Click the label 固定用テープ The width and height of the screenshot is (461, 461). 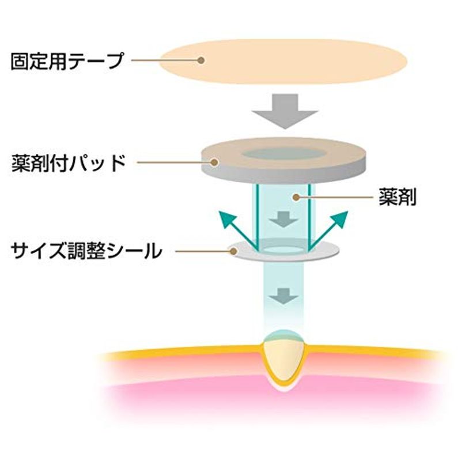click(67, 61)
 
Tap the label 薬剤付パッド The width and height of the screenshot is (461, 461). click(69, 163)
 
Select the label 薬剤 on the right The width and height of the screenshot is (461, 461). click(398, 197)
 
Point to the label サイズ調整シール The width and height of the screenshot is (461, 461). click(86, 251)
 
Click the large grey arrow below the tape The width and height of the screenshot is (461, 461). click(285, 111)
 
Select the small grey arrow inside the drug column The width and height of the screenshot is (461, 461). click(284, 219)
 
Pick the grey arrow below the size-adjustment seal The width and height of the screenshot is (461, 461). click(284, 296)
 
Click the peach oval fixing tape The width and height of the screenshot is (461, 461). click(284, 62)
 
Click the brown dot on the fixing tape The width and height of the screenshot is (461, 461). click(201, 61)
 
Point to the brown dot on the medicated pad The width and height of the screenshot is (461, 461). click(214, 163)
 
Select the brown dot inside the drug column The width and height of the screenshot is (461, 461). click(296, 197)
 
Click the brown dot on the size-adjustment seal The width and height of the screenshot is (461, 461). click(234, 251)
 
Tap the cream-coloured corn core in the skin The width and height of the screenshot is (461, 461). click(284, 360)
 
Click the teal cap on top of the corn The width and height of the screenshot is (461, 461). click(284, 335)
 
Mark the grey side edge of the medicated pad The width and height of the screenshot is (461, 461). click(284, 176)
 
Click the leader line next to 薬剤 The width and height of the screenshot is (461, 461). click(336, 197)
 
